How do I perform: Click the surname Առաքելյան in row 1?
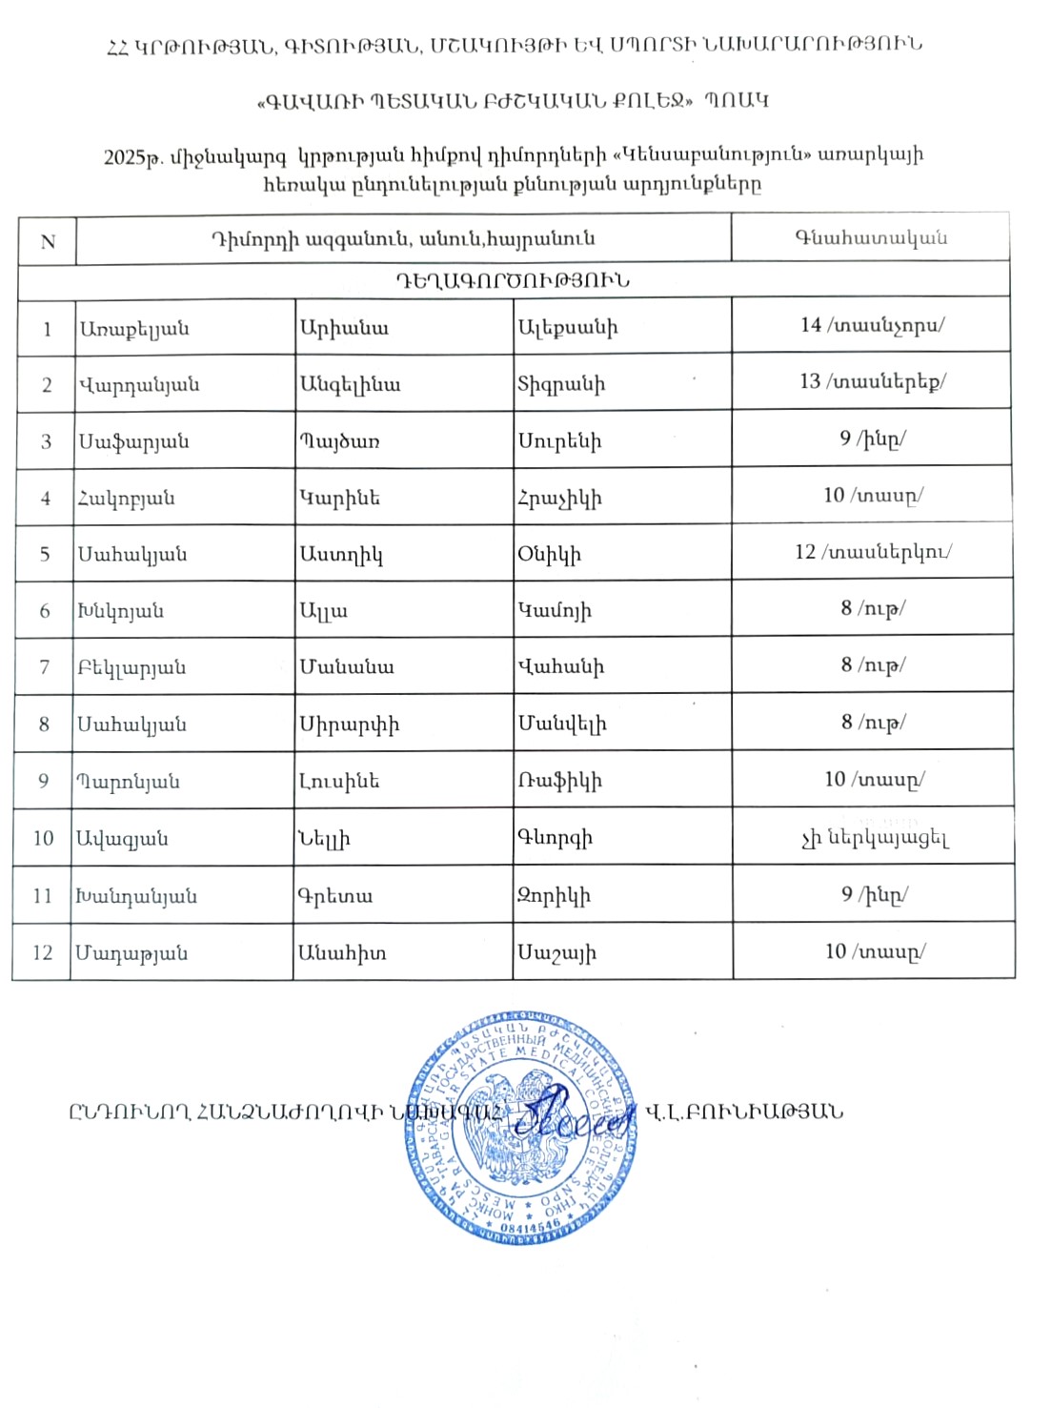pyautogui.click(x=134, y=329)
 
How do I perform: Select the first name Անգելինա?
pyautogui.click(x=350, y=385)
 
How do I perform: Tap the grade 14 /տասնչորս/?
pyautogui.click(x=872, y=325)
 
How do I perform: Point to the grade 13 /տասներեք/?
pyautogui.click(x=872, y=381)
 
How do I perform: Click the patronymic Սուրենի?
pyautogui.click(x=559, y=441)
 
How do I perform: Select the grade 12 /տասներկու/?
pyautogui.click(x=872, y=552)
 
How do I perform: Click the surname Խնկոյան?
pyautogui.click(x=121, y=611)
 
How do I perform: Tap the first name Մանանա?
pyautogui.click(x=346, y=667)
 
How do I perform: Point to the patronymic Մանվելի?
pyautogui.click(x=562, y=724)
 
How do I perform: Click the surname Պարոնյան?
pyautogui.click(x=129, y=782)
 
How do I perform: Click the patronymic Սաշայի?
pyautogui.click(x=557, y=952)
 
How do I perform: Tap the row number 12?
pyautogui.click(x=43, y=952)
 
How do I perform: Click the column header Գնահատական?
pyautogui.click(x=871, y=238)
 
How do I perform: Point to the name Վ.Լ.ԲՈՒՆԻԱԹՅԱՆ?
pyautogui.click(x=743, y=1112)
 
